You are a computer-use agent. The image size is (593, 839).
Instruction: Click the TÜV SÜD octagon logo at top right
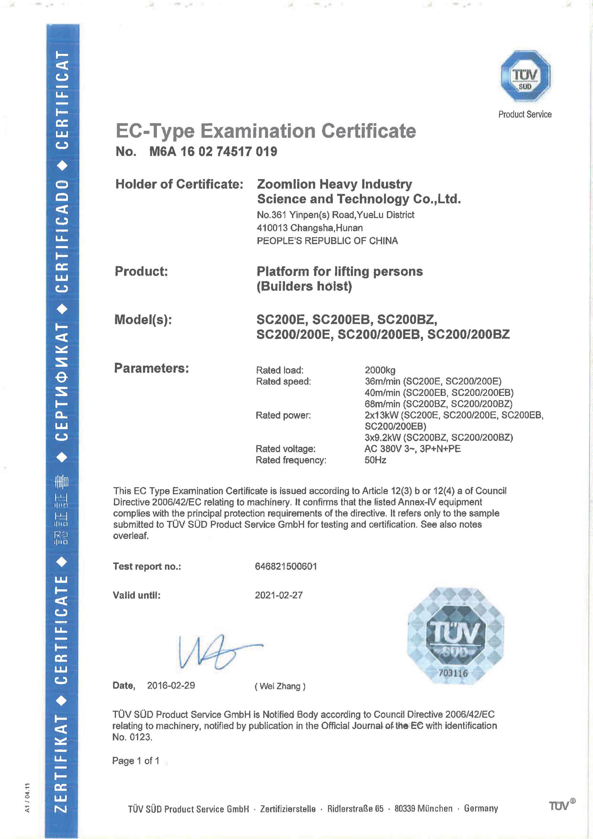(x=525, y=76)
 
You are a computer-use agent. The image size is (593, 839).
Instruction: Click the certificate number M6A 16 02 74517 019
(x=213, y=151)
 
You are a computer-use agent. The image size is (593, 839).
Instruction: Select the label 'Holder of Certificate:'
(x=179, y=184)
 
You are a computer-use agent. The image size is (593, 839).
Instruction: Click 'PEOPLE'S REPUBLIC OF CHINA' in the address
(x=327, y=241)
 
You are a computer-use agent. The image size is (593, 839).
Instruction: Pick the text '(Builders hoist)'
(x=304, y=286)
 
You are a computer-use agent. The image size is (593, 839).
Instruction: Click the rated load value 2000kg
(x=380, y=370)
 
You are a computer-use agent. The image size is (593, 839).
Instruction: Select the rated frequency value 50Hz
(x=375, y=460)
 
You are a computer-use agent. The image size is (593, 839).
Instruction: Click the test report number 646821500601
(x=286, y=566)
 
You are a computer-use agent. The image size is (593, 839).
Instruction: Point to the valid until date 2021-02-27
(x=279, y=595)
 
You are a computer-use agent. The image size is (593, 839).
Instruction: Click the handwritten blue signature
(x=216, y=652)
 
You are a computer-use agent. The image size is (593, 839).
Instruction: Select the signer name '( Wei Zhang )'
(x=280, y=686)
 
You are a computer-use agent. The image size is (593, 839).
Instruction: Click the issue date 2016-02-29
(x=171, y=685)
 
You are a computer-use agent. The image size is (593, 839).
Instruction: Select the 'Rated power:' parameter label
(x=283, y=415)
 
